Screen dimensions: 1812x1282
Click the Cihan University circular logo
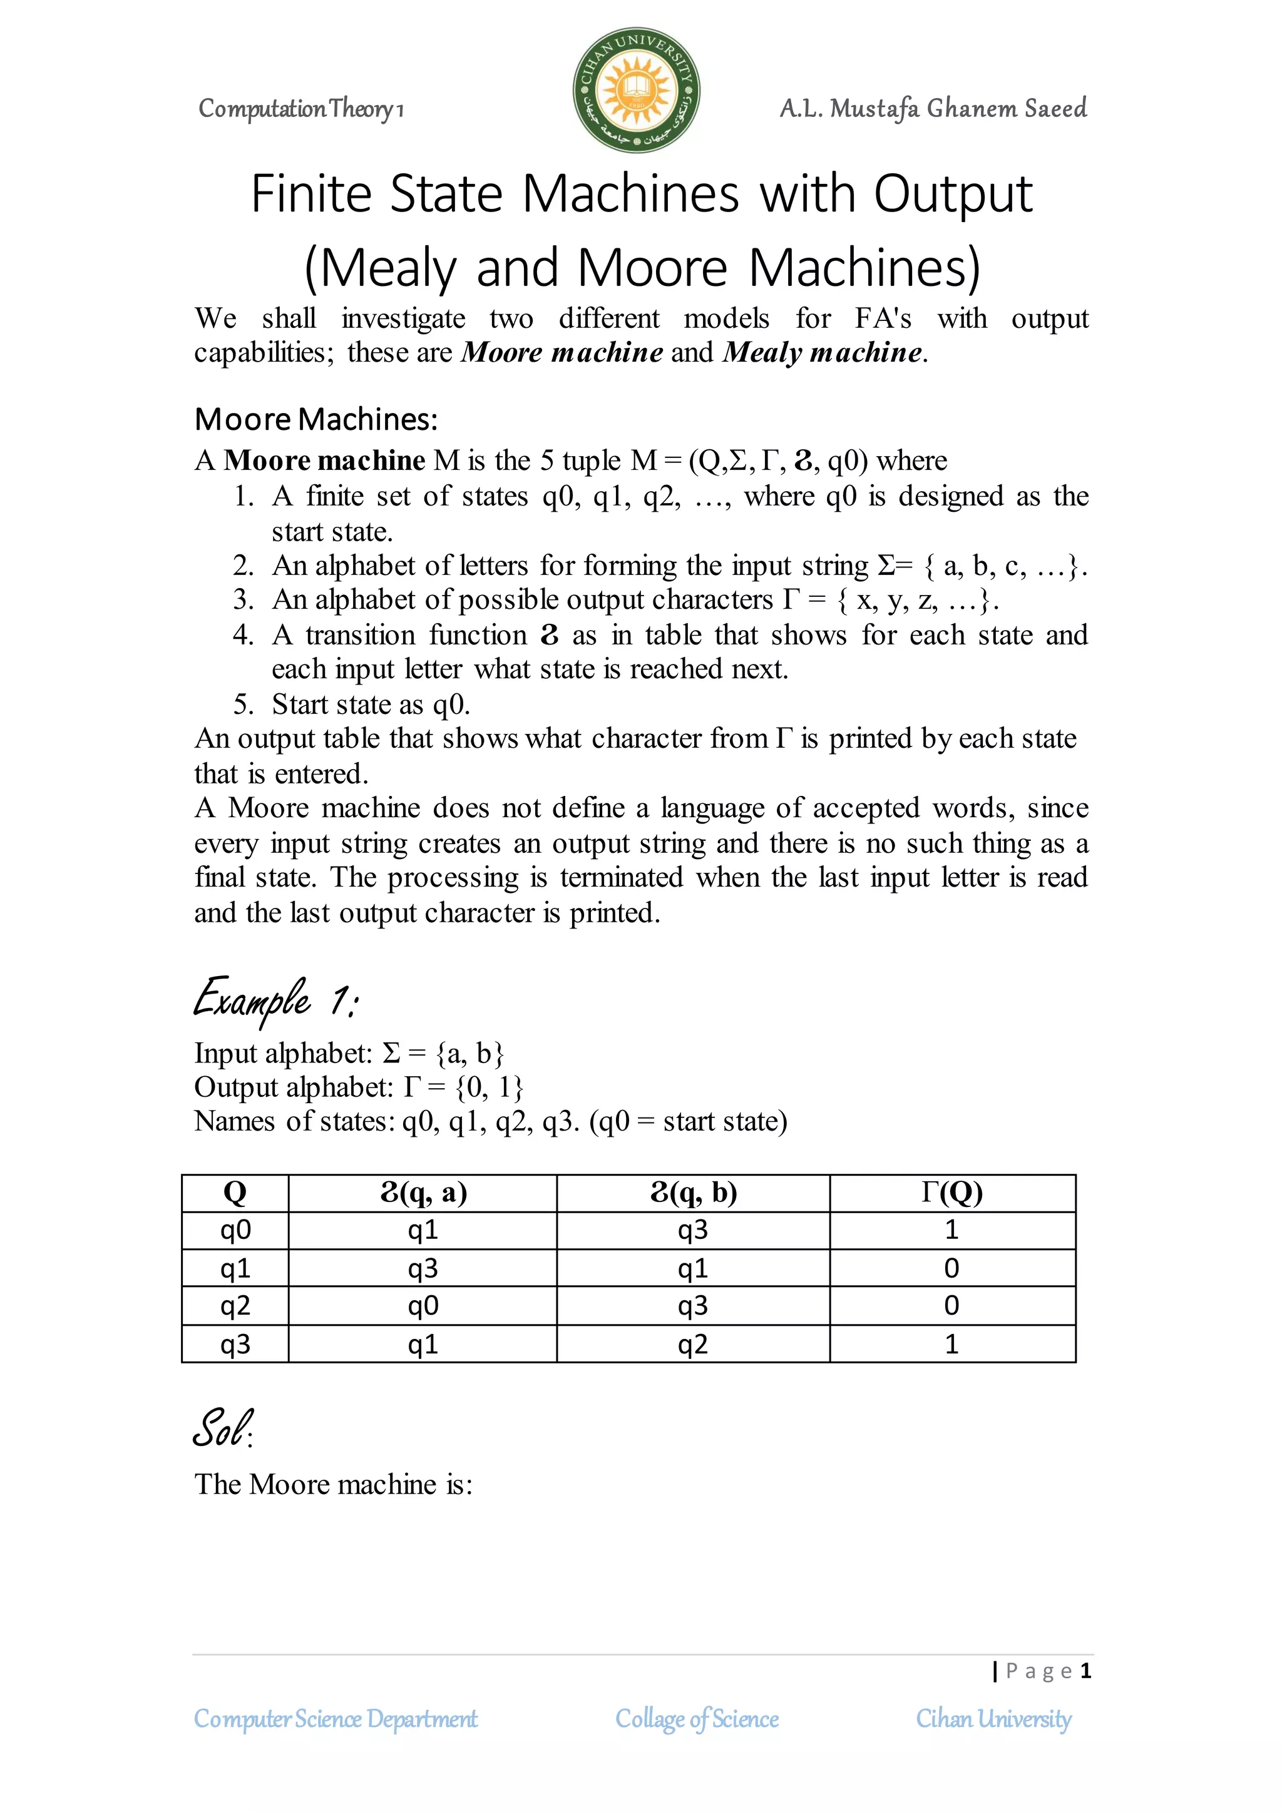(x=636, y=91)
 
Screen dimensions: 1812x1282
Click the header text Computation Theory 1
(x=300, y=109)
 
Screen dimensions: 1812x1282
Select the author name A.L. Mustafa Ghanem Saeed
(x=933, y=108)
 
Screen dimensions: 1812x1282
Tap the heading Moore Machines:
(x=315, y=419)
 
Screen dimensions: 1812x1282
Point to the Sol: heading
(x=223, y=1428)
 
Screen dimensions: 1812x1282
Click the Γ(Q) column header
(x=952, y=1192)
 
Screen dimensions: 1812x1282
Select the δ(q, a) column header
(x=423, y=1192)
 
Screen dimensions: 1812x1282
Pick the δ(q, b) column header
(x=693, y=1192)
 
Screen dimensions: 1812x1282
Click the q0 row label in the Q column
(x=235, y=1229)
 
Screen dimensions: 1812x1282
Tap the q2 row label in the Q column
(x=235, y=1306)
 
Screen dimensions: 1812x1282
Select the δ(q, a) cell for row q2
(x=423, y=1306)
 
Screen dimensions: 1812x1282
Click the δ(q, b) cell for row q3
(x=693, y=1344)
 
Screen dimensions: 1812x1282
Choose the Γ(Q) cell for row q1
(x=952, y=1268)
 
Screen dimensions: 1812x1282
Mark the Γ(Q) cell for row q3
(x=952, y=1344)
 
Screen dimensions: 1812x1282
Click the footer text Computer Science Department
(x=336, y=1719)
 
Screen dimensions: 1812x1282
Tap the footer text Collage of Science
(x=697, y=1719)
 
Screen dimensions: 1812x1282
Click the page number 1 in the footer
(x=1086, y=1671)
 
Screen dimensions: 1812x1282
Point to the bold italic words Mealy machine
(x=823, y=352)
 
